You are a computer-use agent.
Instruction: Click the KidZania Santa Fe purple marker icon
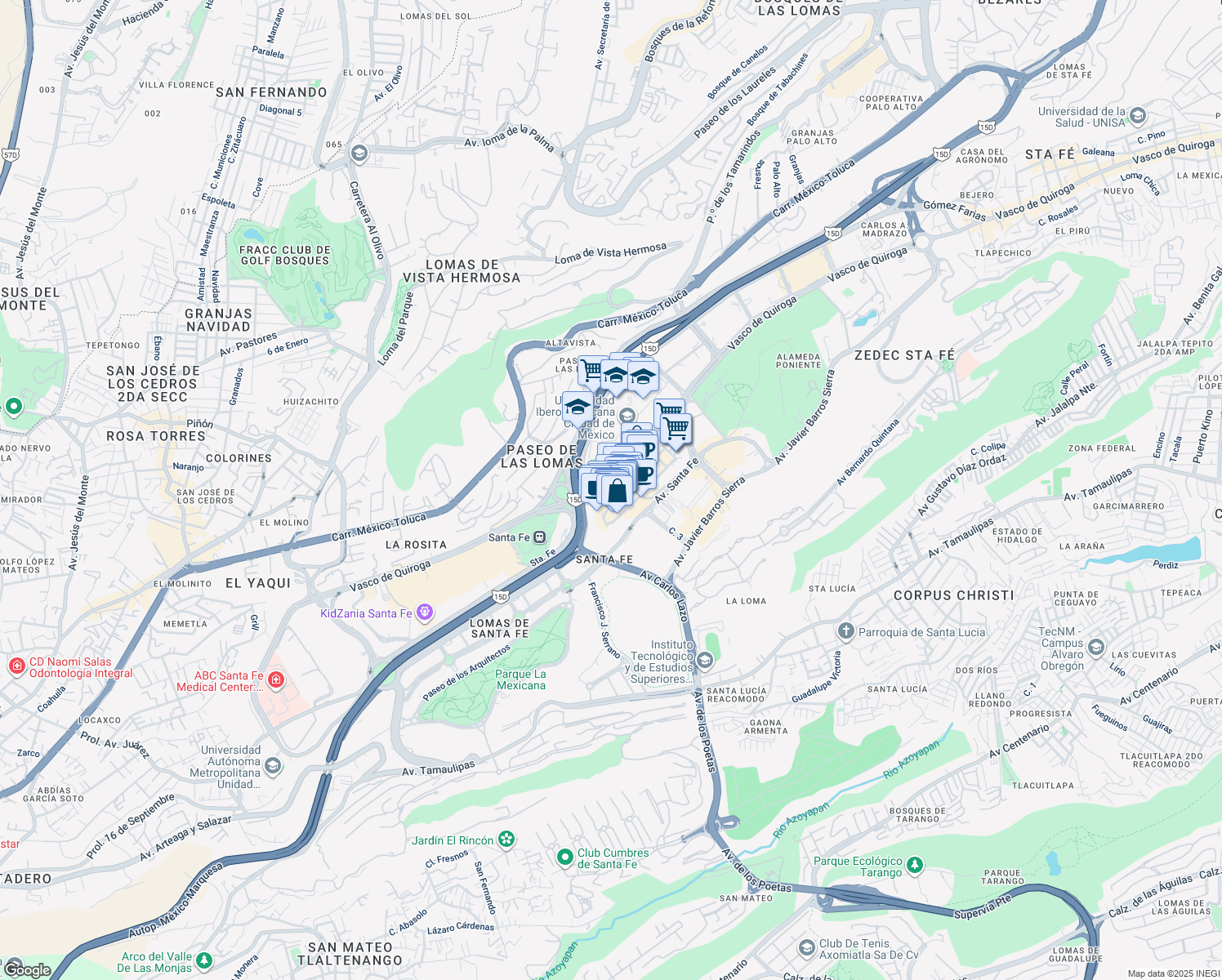tap(424, 612)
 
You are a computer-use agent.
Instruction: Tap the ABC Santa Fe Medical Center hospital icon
tap(276, 679)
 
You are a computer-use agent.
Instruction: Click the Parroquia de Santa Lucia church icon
tap(845, 631)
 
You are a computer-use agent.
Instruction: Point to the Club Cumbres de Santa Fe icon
tap(564, 857)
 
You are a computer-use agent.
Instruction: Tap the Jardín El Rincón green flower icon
tap(506, 839)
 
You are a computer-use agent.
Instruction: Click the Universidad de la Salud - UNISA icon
tap(1139, 115)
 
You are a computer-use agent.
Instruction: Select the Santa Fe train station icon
tap(540, 537)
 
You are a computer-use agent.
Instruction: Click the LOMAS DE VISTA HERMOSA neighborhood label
tap(462, 271)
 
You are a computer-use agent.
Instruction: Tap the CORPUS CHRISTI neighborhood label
tap(953, 595)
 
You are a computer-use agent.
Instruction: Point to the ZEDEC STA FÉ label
tap(904, 355)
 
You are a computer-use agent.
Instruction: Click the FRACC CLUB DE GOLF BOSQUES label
tap(285, 256)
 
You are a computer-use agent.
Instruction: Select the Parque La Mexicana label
tap(520, 679)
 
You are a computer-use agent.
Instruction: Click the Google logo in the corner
tap(27, 969)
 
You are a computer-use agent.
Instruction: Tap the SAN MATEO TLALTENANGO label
tap(350, 954)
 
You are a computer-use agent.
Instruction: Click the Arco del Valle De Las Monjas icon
tap(203, 960)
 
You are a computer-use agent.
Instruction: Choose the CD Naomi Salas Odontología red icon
tap(16, 666)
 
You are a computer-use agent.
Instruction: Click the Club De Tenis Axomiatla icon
tap(806, 947)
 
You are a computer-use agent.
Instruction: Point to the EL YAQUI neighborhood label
tap(258, 583)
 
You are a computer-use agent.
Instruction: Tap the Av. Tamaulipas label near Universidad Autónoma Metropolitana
tap(439, 768)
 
